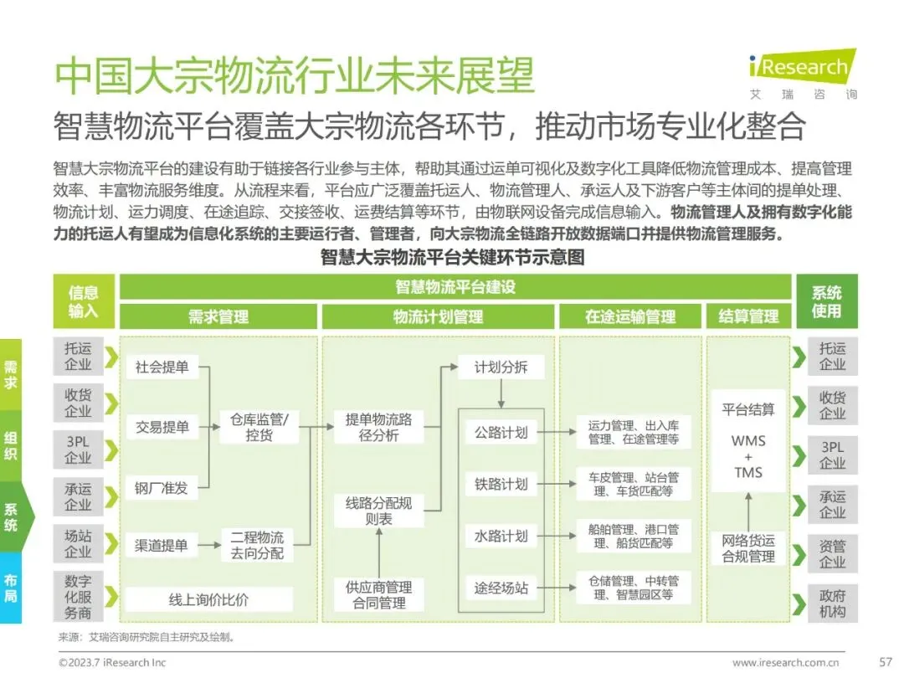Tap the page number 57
click(885, 662)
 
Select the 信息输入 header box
click(84, 301)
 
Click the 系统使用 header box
click(826, 301)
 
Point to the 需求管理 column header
click(218, 316)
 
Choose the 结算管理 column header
click(748, 316)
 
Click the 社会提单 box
click(162, 367)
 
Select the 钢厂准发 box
click(162, 487)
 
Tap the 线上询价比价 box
click(208, 599)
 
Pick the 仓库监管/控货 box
click(259, 427)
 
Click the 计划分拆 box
click(501, 367)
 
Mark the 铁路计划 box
click(501, 484)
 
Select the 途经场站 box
click(501, 588)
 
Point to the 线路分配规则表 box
click(379, 511)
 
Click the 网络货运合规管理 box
click(748, 548)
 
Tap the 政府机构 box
click(832, 604)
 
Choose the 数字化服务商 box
click(78, 596)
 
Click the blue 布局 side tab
click(11, 588)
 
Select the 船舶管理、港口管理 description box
click(634, 537)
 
